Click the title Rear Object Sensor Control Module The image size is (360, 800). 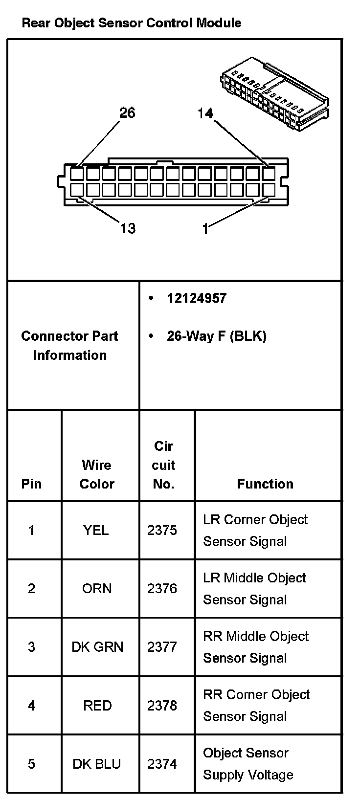coord(131,23)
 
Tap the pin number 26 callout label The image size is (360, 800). coord(127,113)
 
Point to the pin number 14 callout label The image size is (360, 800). coord(205,113)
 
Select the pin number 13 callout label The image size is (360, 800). coord(128,228)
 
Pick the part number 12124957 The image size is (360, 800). coord(197,298)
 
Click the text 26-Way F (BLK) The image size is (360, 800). coord(216,336)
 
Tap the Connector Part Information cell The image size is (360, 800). coord(69,345)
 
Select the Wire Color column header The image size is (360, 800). coord(97,474)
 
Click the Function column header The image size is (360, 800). coord(265,484)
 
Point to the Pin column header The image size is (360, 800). coord(31,484)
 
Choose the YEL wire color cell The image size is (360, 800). coord(96,530)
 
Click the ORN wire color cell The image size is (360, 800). coord(97,588)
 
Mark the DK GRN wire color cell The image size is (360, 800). coord(97,647)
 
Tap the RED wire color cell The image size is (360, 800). coord(97,705)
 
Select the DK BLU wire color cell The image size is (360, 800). coord(97,764)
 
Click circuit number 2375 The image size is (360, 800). coord(162,530)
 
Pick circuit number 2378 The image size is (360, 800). coord(162,705)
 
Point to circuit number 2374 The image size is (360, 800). coord(162,764)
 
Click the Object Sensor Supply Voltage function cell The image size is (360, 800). coord(248,764)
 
